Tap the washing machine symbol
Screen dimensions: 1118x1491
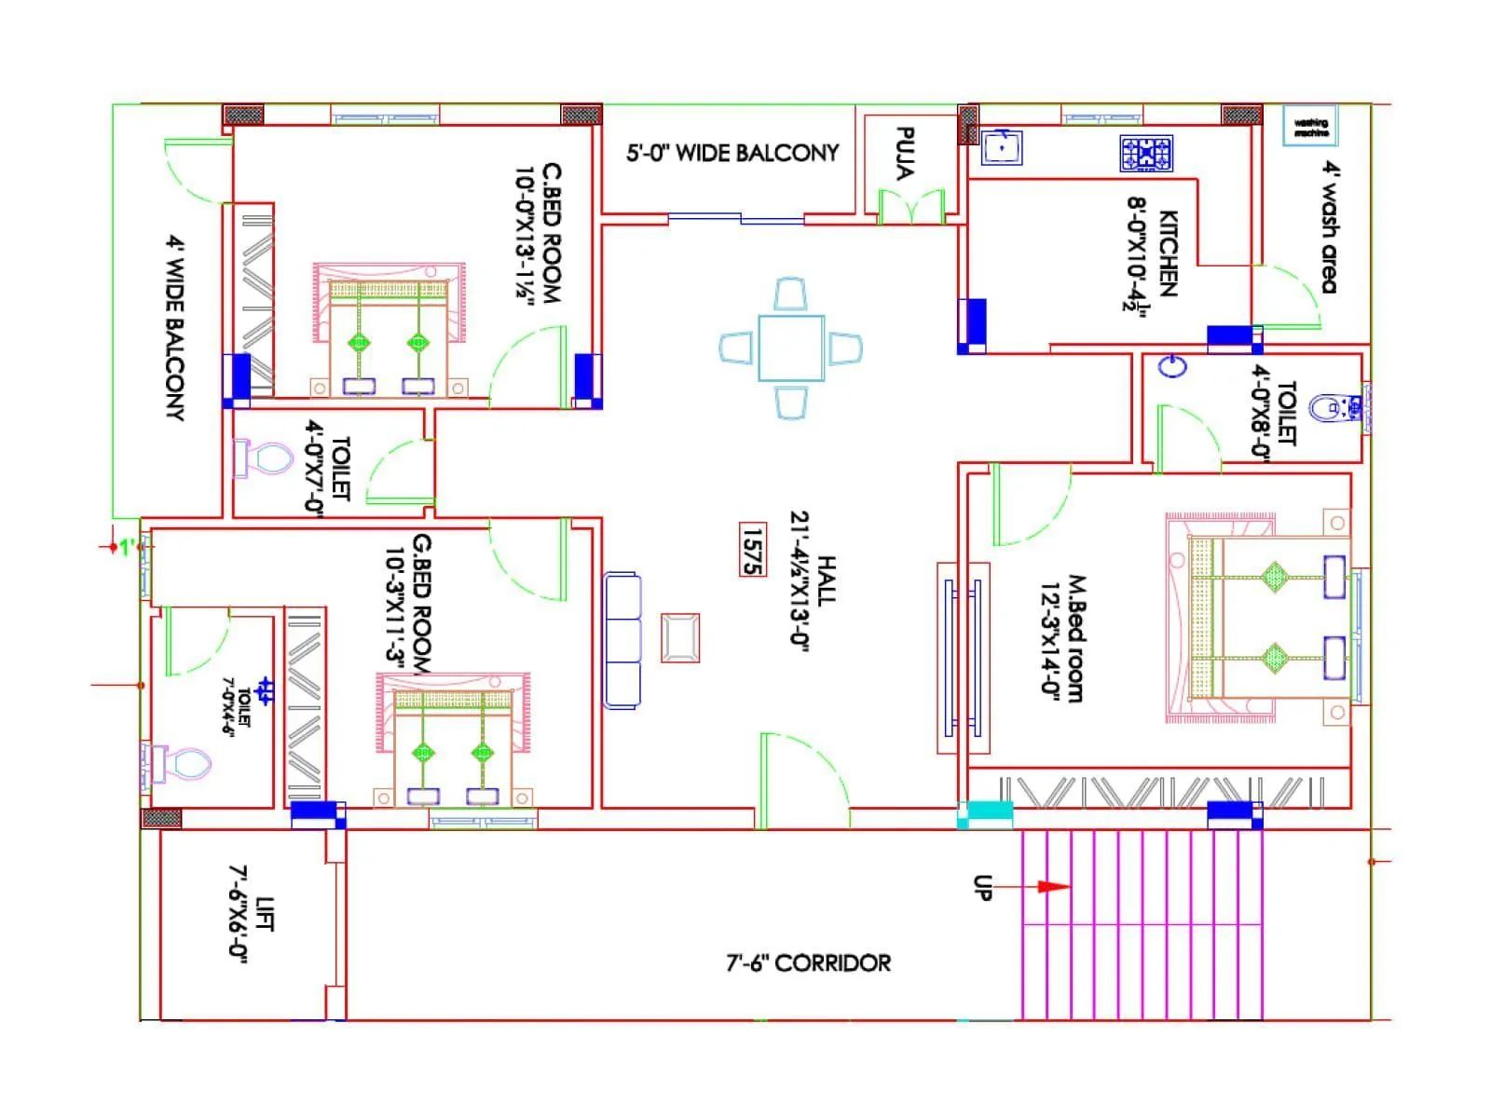[x=1311, y=126]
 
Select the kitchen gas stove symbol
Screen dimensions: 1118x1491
[x=1146, y=154]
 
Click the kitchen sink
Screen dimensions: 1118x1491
[x=1002, y=148]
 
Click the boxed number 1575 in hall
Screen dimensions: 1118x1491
[x=752, y=551]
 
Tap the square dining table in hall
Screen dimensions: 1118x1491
[x=790, y=348]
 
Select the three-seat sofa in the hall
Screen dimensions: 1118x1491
[x=622, y=641]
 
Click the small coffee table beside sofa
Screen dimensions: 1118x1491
[x=680, y=638]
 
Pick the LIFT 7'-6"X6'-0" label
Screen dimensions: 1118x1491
[x=251, y=914]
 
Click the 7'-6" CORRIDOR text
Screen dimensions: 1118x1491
[x=808, y=962]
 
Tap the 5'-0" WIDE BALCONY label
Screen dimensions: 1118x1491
[x=732, y=153]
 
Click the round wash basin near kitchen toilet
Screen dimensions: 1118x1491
[x=1172, y=366]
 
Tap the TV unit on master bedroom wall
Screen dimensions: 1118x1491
[x=963, y=658]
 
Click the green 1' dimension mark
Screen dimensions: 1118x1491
[x=125, y=547]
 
